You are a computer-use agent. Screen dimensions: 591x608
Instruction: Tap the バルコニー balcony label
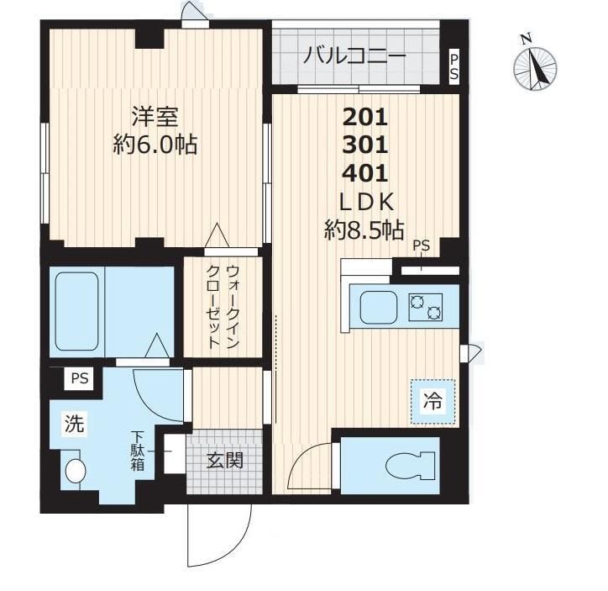click(x=355, y=57)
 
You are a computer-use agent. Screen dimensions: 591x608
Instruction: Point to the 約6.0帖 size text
click(x=155, y=145)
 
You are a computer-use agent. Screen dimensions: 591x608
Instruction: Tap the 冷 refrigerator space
click(x=431, y=402)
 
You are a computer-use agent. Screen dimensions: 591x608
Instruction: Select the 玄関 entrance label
click(x=225, y=460)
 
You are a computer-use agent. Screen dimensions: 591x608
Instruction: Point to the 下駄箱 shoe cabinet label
click(x=137, y=451)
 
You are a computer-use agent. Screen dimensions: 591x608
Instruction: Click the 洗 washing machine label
click(x=76, y=425)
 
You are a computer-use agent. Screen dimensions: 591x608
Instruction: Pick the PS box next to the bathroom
click(x=80, y=378)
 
